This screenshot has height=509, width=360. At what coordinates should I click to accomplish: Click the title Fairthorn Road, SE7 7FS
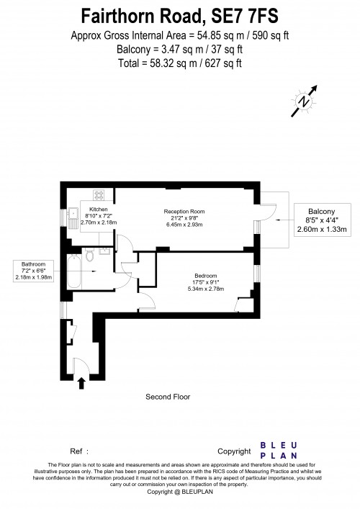(x=179, y=14)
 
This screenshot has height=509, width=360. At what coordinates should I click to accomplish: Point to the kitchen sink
(x=73, y=214)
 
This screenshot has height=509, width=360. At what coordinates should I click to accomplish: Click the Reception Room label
(x=184, y=211)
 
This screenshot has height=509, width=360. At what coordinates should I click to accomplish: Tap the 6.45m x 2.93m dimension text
(x=184, y=225)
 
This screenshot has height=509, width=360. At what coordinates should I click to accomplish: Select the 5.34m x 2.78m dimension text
(x=205, y=289)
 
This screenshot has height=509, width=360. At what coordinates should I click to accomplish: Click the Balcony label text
(x=322, y=212)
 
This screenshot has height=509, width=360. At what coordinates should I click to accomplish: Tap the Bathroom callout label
(x=35, y=264)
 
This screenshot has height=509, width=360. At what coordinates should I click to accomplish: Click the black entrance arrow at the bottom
(x=81, y=379)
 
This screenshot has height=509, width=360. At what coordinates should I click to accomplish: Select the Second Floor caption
(x=167, y=397)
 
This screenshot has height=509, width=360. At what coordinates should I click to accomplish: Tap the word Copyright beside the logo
(x=234, y=451)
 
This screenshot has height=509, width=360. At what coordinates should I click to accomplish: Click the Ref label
(x=73, y=451)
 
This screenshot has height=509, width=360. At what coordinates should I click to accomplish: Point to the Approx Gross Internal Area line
(x=179, y=35)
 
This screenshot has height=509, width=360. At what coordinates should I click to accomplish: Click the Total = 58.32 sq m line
(x=179, y=63)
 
